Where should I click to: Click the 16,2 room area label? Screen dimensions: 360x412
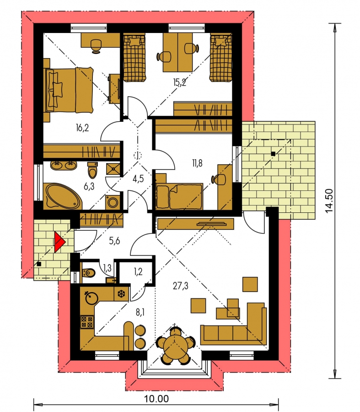tap(82, 128)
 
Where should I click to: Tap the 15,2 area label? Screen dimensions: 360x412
tap(180, 83)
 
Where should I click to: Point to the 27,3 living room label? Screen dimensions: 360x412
tap(181, 286)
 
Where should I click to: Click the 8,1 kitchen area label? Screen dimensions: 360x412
tap(140, 313)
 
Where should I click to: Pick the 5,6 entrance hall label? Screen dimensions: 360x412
tap(114, 240)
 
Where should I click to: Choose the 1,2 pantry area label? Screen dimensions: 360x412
tap(138, 271)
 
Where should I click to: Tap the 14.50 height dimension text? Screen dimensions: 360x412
tap(329, 201)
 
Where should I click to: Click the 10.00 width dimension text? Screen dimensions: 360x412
tap(156, 399)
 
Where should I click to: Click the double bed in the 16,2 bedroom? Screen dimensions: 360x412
tap(70, 90)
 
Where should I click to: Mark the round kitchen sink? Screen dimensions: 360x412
tap(91, 298)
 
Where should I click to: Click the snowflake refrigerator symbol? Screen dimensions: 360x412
tap(121, 293)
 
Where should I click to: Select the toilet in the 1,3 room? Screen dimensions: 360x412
tap(89, 273)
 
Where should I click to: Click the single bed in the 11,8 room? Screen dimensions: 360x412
tap(179, 196)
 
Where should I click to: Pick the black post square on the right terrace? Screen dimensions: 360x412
tap(274, 154)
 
